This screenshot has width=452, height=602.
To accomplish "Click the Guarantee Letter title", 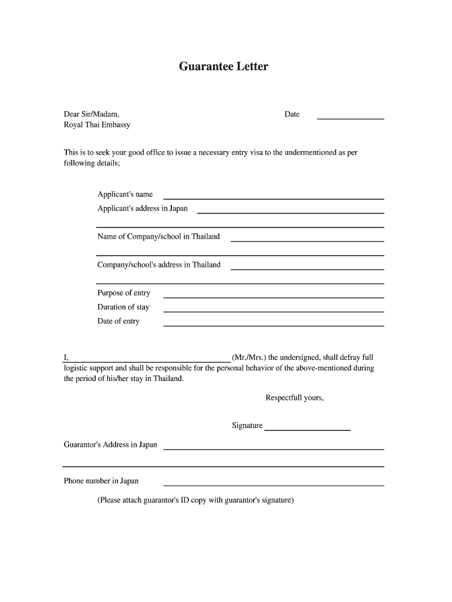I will click(223, 67).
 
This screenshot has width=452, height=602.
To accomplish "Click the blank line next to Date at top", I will click(350, 118).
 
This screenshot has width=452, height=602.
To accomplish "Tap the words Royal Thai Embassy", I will click(97, 125).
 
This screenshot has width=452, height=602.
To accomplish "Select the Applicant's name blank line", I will click(273, 198).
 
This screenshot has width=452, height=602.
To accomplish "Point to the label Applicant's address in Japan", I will click(143, 209).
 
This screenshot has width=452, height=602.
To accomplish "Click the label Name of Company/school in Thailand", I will click(158, 237).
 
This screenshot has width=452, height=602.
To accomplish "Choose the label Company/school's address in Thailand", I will click(158, 265).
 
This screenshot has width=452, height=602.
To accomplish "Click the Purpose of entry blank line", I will click(273, 297).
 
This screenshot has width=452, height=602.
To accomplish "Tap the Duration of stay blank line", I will click(273, 311).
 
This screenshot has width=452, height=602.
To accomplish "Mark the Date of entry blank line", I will click(273, 325).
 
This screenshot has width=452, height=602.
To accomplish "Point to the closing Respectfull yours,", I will click(294, 398).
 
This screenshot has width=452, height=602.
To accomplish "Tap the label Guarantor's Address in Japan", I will click(110, 445).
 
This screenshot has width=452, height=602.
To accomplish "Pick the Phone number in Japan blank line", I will click(273, 485).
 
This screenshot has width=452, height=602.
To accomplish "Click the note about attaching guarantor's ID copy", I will click(195, 501).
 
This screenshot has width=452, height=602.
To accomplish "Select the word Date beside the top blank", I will click(292, 114).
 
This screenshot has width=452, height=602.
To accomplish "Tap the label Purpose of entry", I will click(123, 293).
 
